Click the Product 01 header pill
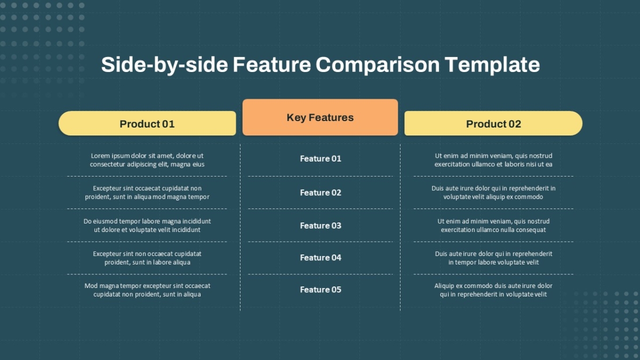(x=147, y=123)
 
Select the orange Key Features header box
(x=320, y=117)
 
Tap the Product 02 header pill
(x=493, y=123)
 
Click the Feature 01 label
(x=321, y=158)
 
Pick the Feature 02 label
(x=321, y=193)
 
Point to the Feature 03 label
(x=321, y=226)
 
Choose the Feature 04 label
(x=321, y=258)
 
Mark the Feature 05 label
(x=321, y=290)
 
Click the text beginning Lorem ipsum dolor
(x=147, y=160)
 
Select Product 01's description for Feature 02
(x=147, y=193)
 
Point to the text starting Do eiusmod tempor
(x=147, y=226)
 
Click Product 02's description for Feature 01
(x=493, y=160)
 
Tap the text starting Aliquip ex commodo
(x=493, y=290)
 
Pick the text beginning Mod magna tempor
(x=147, y=290)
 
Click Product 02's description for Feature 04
(x=493, y=258)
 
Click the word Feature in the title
(x=271, y=65)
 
